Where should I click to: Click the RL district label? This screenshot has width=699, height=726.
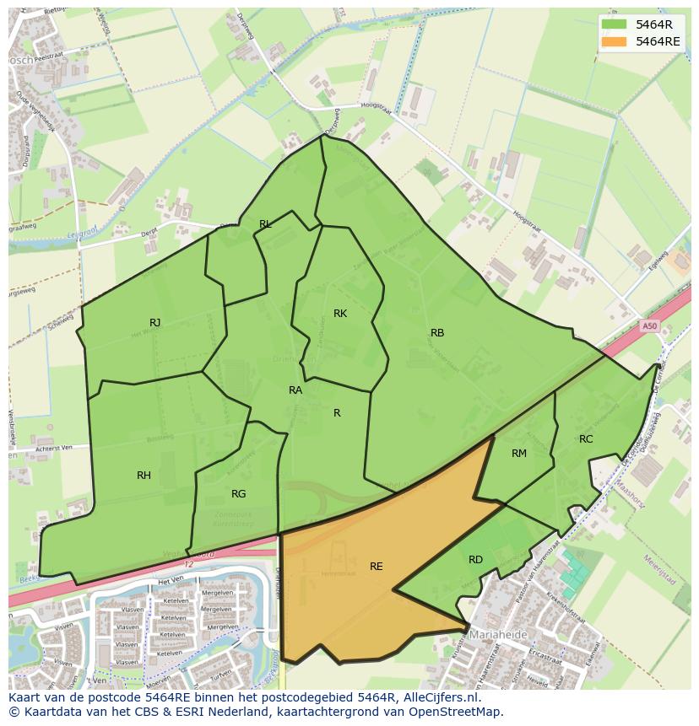265,224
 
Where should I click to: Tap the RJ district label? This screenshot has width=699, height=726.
154,323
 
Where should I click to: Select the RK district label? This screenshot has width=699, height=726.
340,314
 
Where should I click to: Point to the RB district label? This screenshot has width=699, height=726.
436,333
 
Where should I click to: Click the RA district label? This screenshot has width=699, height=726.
295,390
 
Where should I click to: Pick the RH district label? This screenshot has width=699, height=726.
144,476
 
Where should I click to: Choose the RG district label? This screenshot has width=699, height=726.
238,494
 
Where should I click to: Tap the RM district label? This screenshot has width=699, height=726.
518,454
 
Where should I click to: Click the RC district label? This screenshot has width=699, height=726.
586,439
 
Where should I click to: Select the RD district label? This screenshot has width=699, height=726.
475,560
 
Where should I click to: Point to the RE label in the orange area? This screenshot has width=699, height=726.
376,567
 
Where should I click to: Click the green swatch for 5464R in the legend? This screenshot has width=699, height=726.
614,24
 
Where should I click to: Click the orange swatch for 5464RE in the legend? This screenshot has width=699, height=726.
614,40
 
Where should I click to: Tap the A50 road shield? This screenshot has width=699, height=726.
648,326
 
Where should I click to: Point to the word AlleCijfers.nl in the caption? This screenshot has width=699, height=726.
440,698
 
